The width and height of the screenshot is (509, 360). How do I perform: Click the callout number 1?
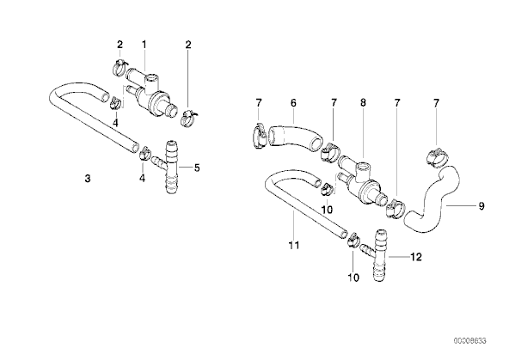click(144, 45)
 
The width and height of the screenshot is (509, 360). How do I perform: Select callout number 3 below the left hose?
click(88, 179)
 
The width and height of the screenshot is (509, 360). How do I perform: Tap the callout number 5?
click(197, 168)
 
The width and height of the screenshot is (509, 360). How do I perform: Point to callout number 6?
click(293, 103)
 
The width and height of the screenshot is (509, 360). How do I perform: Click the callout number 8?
click(363, 103)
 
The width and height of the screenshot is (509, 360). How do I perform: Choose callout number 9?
click(481, 206)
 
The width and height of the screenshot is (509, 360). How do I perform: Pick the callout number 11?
click(294, 246)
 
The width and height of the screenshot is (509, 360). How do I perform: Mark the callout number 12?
click(416, 257)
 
